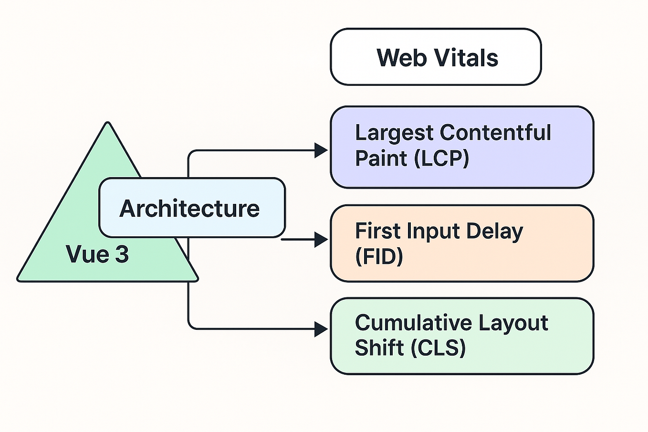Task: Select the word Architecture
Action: (x=189, y=209)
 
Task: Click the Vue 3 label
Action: (x=97, y=254)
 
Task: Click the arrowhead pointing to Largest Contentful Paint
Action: (x=321, y=150)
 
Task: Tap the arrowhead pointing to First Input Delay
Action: (x=321, y=239)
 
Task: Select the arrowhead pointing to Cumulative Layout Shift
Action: (x=321, y=329)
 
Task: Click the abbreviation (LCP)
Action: (x=441, y=158)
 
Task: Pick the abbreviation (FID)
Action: (x=379, y=256)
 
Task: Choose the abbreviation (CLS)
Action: (x=438, y=347)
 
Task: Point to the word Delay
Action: (x=494, y=232)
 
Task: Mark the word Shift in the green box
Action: (x=379, y=347)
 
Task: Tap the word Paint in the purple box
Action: (x=381, y=158)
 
